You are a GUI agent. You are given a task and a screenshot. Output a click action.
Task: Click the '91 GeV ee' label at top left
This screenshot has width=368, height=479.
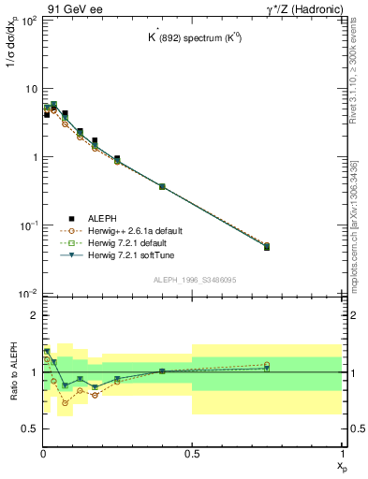tap(67, 8)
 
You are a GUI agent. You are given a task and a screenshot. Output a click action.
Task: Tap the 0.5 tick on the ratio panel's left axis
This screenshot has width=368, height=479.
tap(30, 428)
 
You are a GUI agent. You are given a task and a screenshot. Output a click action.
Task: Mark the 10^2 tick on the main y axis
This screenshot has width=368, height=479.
tap(28, 20)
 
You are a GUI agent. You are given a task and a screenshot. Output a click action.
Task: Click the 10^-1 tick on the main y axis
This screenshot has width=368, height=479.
tap(28, 225)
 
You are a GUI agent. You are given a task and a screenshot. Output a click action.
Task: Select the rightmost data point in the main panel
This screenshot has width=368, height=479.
tap(267, 246)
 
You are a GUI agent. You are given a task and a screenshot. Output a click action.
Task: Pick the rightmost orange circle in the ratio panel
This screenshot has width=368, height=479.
tap(267, 365)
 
